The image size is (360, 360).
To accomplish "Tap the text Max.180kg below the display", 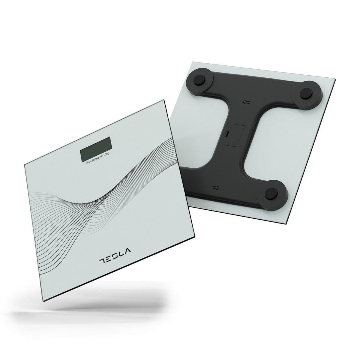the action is click(x=92, y=162).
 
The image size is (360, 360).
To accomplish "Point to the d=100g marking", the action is click(x=105, y=159).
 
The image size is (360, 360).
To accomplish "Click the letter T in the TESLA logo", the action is click(x=102, y=261).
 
